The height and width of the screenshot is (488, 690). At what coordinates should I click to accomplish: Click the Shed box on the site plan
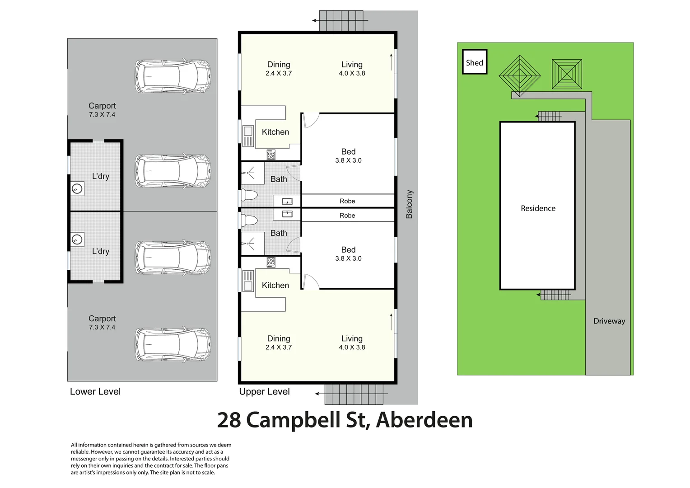(x=474, y=62)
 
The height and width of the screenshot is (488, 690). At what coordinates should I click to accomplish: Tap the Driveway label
(x=609, y=321)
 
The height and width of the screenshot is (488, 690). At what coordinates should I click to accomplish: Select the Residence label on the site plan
(x=538, y=208)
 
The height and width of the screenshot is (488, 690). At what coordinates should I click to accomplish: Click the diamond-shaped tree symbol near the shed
(x=519, y=75)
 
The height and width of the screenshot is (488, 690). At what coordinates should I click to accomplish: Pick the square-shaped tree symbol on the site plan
(x=567, y=74)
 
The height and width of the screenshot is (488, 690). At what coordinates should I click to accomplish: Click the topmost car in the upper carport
(x=172, y=76)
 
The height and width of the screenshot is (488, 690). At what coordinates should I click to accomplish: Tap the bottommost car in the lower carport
(x=172, y=344)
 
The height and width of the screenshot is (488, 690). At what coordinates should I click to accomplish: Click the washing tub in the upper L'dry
(x=77, y=188)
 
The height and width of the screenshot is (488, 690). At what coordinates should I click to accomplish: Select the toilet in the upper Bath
(x=249, y=195)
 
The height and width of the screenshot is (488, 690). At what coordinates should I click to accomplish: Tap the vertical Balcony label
(x=409, y=204)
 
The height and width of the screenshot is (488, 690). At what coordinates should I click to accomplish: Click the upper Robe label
(x=347, y=201)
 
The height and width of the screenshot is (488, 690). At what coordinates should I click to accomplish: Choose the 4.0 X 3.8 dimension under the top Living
(x=352, y=73)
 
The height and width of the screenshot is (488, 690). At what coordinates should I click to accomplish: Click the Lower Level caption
(x=95, y=392)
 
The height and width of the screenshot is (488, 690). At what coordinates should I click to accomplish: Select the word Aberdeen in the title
(x=424, y=420)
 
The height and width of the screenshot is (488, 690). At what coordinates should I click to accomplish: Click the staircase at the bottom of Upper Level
(x=354, y=394)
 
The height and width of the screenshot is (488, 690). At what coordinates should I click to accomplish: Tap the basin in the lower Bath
(x=287, y=214)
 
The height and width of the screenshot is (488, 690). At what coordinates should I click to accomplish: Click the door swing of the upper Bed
(x=311, y=120)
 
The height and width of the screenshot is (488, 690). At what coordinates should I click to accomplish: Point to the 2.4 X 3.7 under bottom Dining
(x=278, y=347)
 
